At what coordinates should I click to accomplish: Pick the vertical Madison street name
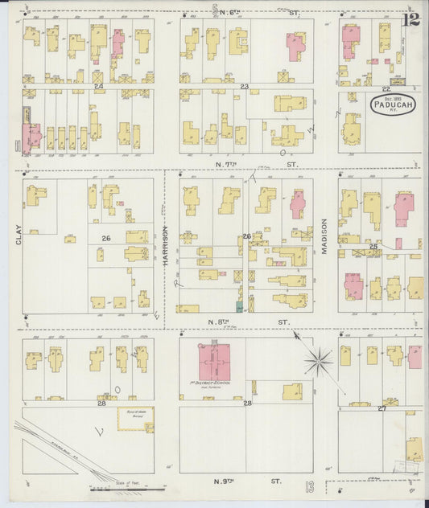[x=325, y=237]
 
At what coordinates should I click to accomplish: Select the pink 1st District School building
[x=214, y=362]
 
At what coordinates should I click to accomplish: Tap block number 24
[x=98, y=85]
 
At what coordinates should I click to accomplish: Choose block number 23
[x=244, y=85]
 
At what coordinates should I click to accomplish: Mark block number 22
[x=386, y=88]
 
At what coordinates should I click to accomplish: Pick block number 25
[x=373, y=245]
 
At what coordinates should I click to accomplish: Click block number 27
[x=382, y=408]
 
